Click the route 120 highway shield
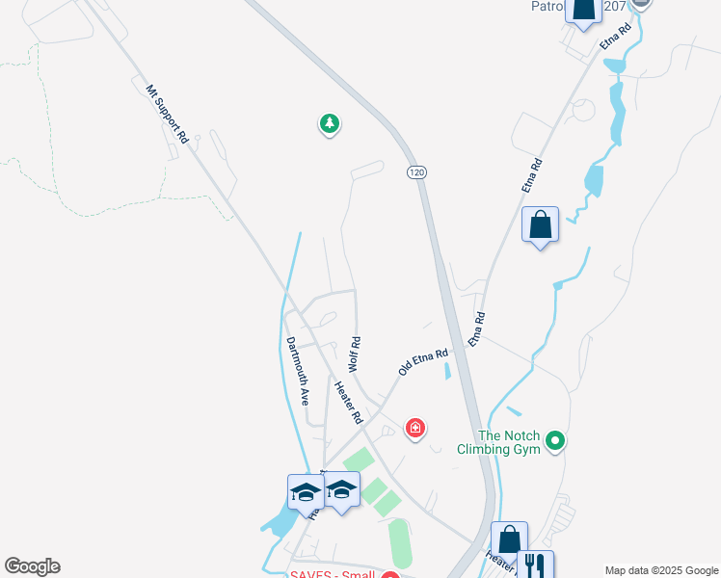click(415, 171)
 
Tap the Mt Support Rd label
click(167, 115)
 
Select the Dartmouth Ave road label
click(297, 369)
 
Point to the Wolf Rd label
click(354, 355)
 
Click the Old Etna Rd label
click(424, 362)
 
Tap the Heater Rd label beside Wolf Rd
click(347, 403)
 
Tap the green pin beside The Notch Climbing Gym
click(554, 441)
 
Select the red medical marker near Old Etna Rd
click(415, 427)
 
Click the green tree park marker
click(330, 123)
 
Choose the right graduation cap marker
click(342, 489)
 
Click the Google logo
click(32, 566)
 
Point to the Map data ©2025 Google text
click(660, 570)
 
